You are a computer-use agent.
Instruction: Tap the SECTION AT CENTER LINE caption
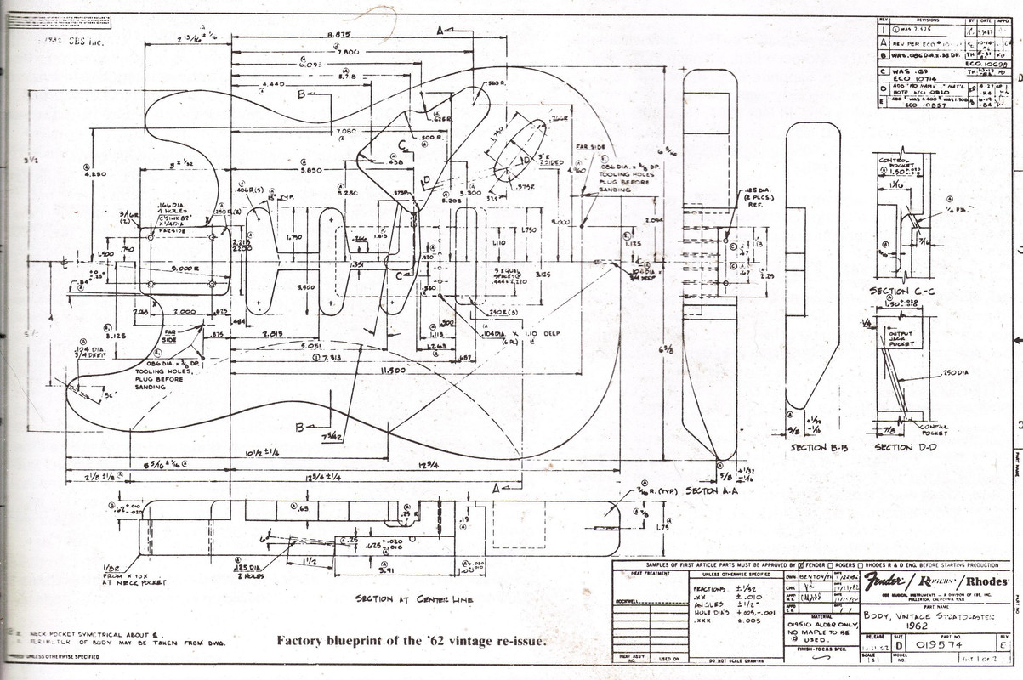(414, 599)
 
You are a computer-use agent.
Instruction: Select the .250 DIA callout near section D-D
(956, 372)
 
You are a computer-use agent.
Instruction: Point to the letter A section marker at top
(440, 30)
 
